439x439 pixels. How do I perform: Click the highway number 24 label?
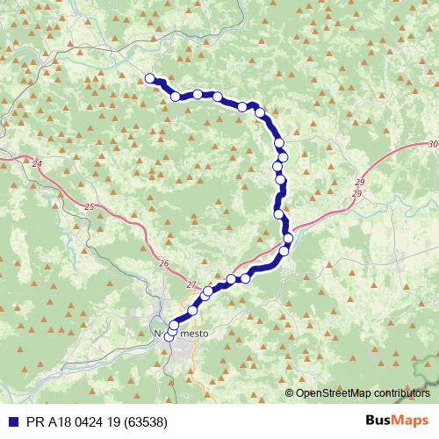click(x=36, y=163)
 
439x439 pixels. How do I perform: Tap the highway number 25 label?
click(x=92, y=206)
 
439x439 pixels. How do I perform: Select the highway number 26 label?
click(x=164, y=263)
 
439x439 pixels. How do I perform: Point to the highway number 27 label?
click(x=191, y=284)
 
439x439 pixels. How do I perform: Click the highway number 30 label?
click(x=433, y=144)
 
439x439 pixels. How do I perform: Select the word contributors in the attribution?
click(x=399, y=393)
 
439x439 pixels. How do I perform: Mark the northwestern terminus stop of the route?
click(x=150, y=77)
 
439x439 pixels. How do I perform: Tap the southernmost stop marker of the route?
click(x=169, y=336)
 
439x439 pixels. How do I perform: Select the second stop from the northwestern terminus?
click(x=176, y=97)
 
